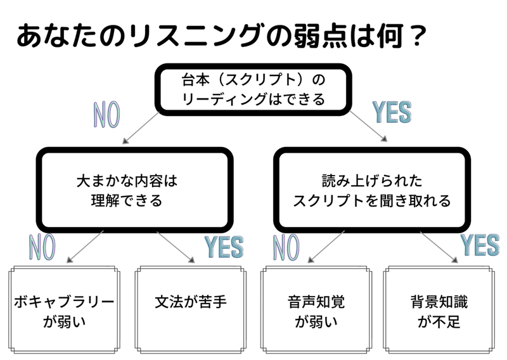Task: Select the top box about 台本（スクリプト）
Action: coord(253,89)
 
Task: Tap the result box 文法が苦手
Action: coord(191,302)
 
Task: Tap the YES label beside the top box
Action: coord(390,112)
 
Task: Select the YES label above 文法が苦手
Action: coord(222,246)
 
